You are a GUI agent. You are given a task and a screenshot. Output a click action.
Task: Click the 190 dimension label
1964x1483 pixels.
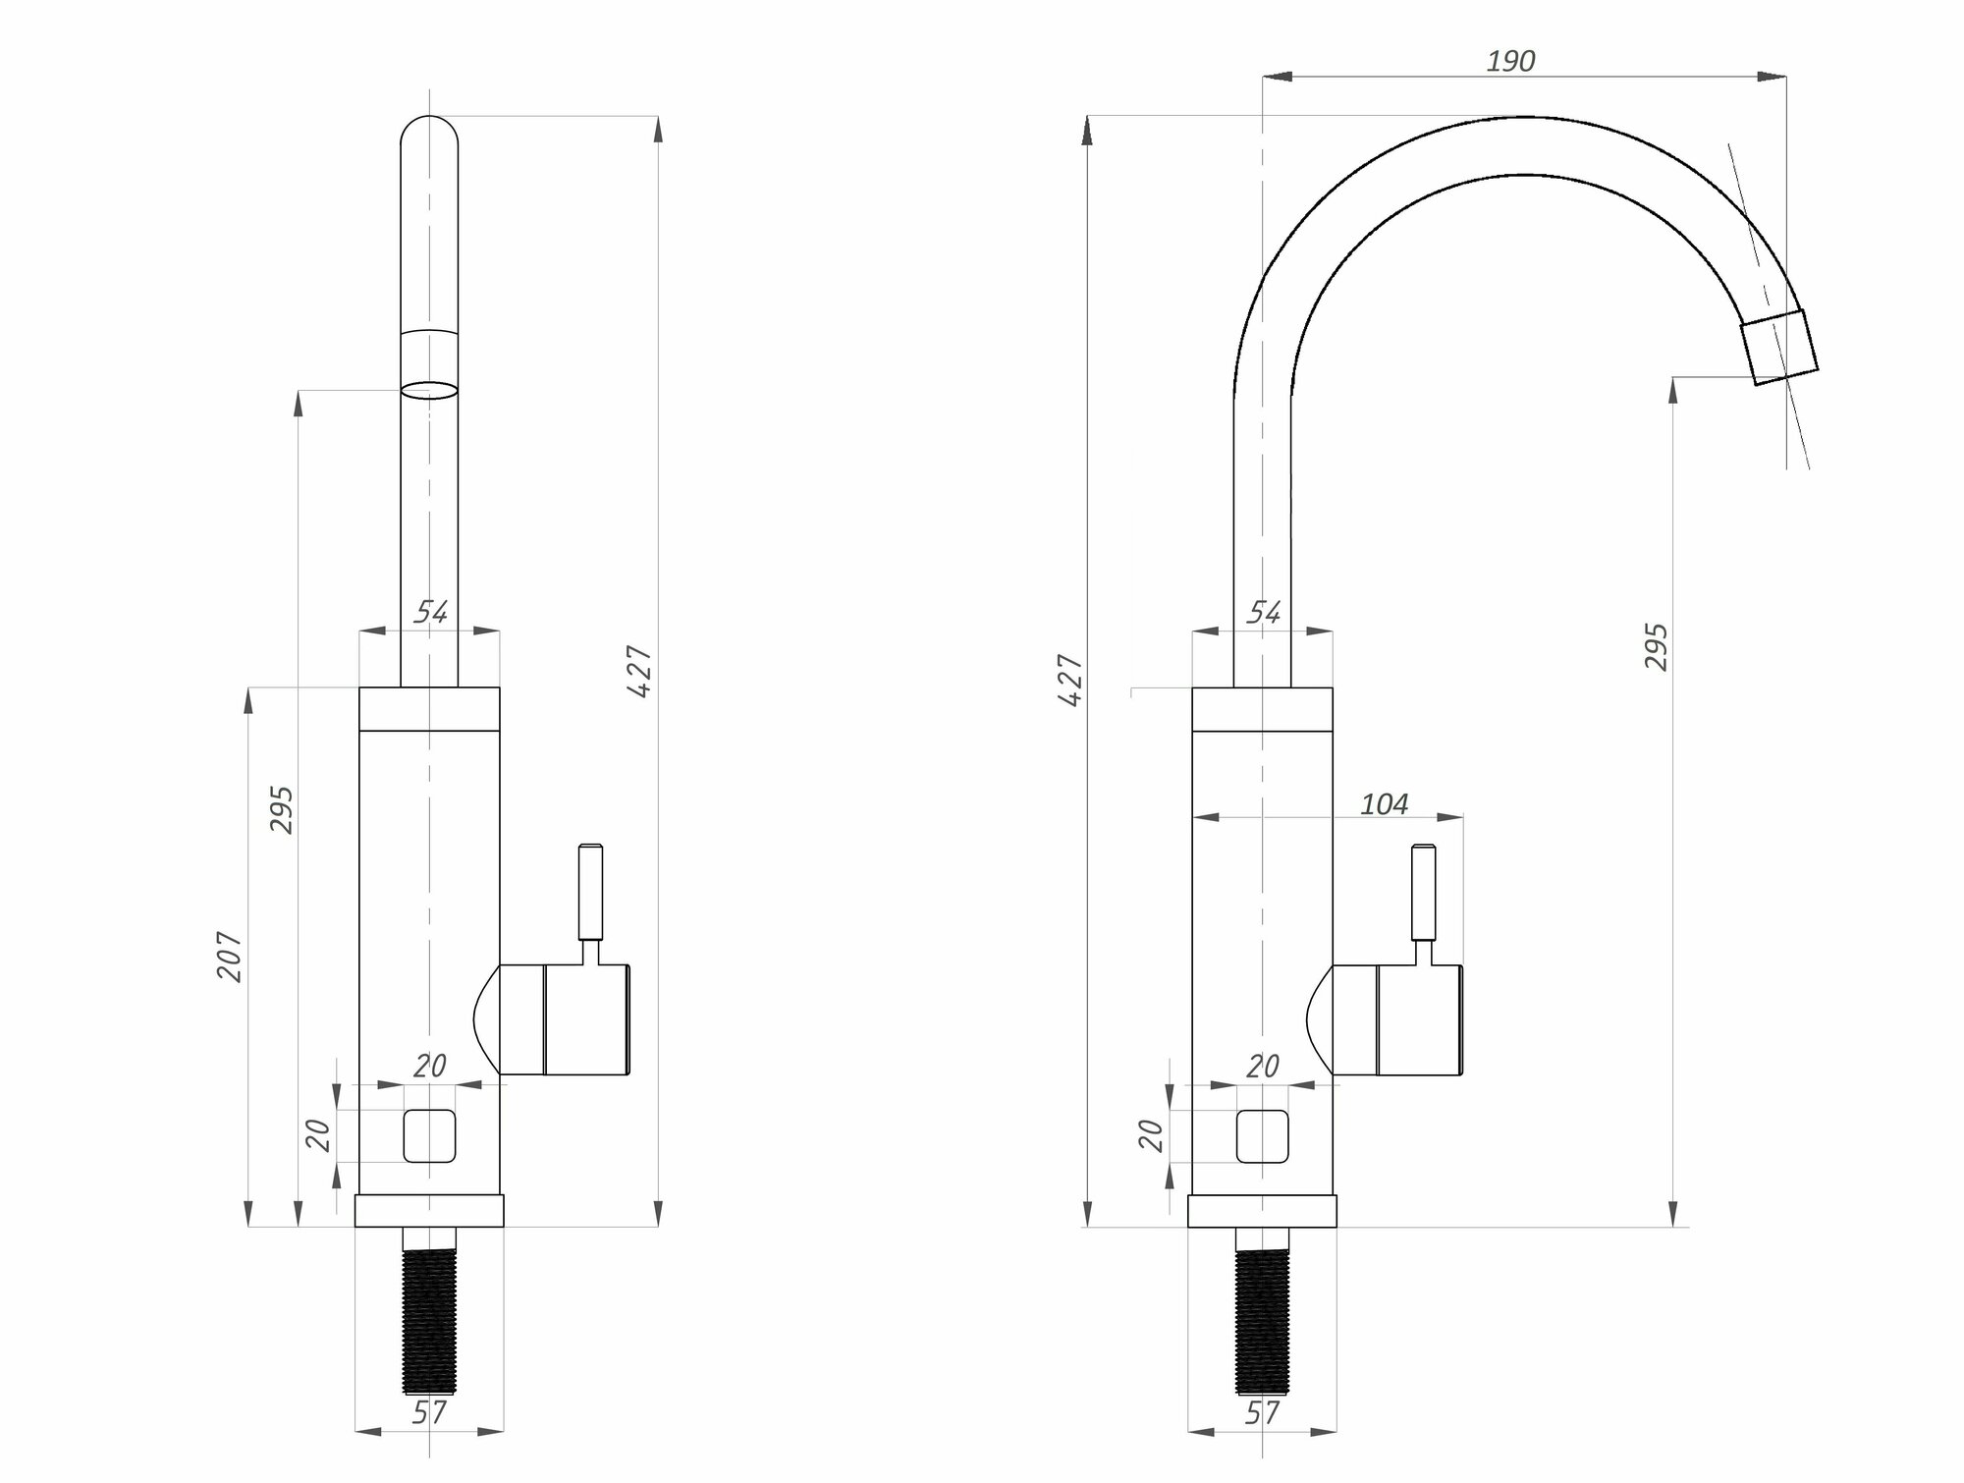tap(1510, 61)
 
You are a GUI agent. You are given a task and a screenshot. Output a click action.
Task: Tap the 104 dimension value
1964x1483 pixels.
tap(1385, 804)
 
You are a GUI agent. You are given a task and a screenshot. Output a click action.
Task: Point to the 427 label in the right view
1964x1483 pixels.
tap(1071, 680)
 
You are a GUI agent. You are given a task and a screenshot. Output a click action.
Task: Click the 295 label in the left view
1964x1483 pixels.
tap(282, 809)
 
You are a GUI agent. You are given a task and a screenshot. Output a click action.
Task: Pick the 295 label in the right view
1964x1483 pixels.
tap(1657, 646)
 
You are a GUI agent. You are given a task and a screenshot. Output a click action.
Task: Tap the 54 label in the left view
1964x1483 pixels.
tap(430, 613)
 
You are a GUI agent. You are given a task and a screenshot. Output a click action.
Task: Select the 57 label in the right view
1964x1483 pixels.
tap(1262, 1413)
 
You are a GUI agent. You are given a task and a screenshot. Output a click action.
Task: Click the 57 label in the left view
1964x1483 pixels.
tap(429, 1413)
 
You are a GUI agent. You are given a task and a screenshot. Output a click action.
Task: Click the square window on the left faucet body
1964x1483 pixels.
tap(429, 1135)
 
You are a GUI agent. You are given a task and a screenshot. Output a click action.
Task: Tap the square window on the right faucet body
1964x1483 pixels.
tap(1262, 1135)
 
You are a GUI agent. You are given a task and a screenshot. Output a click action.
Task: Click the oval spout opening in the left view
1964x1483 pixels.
tap(429, 390)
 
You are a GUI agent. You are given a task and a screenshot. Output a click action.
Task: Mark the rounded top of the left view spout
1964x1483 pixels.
tap(429, 133)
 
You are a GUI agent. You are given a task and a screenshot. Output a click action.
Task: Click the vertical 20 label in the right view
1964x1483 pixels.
tap(1153, 1135)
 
